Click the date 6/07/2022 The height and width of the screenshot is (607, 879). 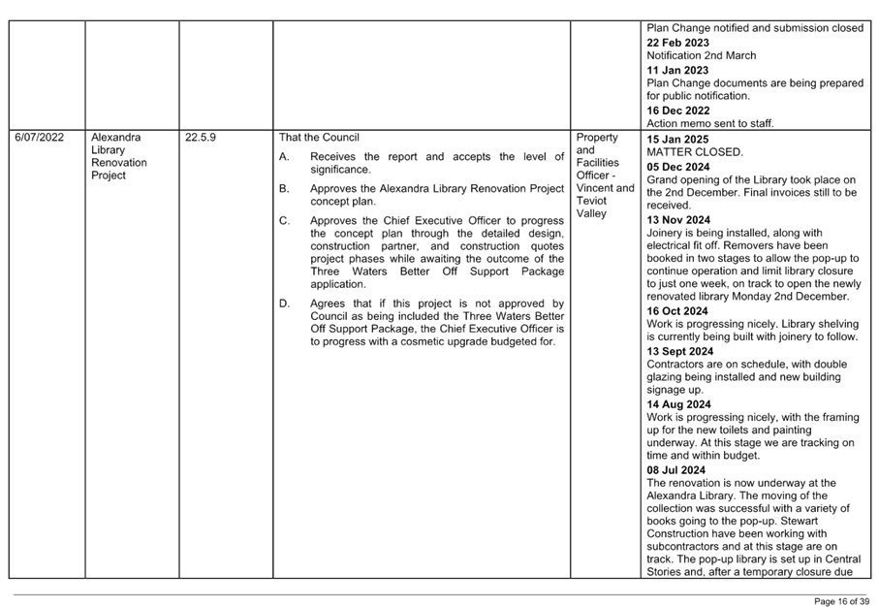39,138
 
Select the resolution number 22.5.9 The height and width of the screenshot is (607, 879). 201,138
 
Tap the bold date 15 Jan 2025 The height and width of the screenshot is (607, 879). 677,139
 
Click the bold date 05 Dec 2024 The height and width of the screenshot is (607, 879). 677,167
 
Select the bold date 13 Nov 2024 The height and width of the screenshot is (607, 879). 678,220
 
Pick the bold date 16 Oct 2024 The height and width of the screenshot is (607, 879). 676,311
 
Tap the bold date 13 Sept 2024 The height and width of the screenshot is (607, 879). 680,352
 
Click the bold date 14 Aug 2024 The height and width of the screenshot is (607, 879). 678,404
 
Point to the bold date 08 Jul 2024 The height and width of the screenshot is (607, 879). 675,470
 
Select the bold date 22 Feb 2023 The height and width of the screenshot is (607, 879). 677,43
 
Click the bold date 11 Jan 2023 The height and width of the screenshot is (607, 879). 677,70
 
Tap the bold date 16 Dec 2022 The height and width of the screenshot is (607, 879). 677,112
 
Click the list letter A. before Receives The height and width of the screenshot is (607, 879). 284,157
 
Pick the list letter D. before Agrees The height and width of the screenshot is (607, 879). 285,304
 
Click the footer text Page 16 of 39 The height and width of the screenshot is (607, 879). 841,602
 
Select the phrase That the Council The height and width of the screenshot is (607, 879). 319,138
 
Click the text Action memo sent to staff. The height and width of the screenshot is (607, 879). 709,123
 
